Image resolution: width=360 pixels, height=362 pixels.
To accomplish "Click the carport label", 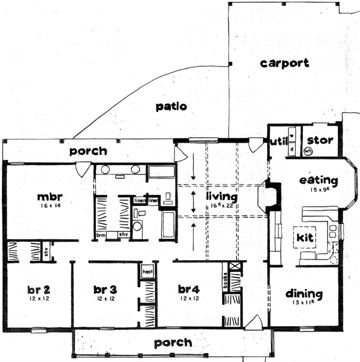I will pos(285,63).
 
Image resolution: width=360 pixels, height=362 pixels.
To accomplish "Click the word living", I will pos(221,196).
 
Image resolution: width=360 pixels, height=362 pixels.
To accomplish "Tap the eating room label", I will pos(319,180).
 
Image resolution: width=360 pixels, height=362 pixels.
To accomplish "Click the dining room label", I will pos(304,294).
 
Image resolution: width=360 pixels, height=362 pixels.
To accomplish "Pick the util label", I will pos(277,141).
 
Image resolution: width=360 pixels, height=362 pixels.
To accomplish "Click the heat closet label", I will pos(148,271).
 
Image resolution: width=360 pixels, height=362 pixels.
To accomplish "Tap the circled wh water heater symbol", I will pos(308,152).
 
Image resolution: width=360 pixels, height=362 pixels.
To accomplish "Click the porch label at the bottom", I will pos(173,343).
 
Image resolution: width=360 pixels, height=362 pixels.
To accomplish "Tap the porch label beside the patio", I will pos(88,151).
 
